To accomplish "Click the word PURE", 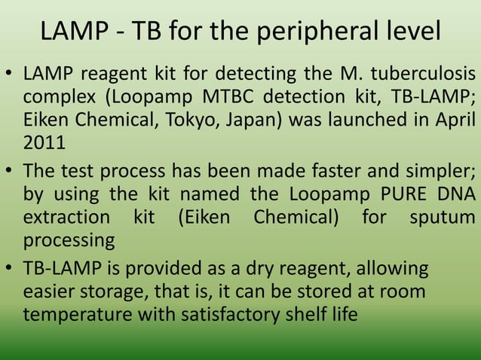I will click(380, 194).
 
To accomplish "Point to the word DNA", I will click(454, 194).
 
